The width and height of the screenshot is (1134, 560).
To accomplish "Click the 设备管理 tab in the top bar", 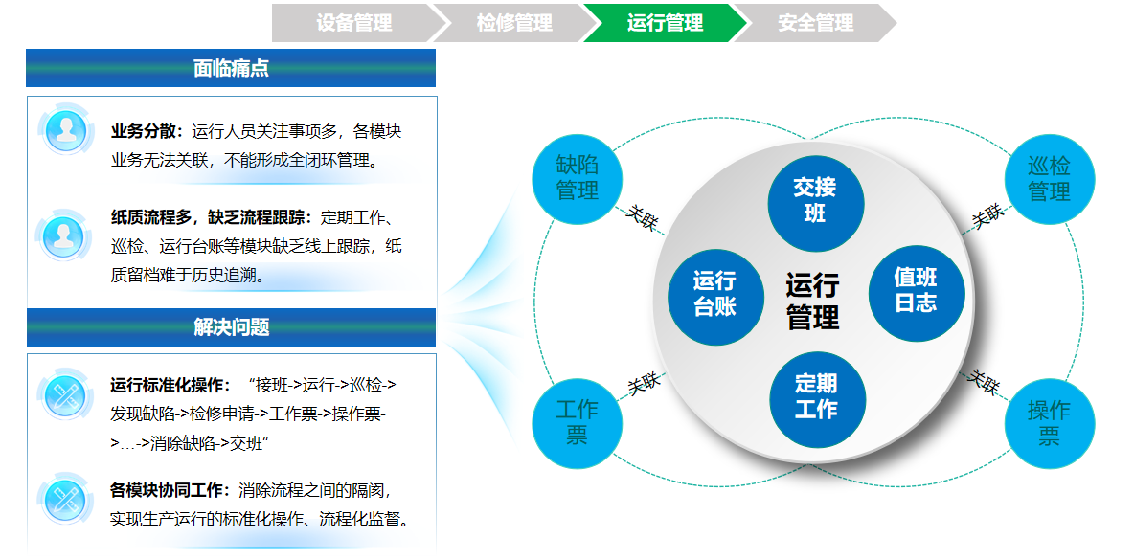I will click(353, 23).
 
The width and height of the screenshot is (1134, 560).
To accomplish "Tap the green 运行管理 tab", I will click(665, 23).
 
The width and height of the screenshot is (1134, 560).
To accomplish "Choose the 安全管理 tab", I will click(815, 23).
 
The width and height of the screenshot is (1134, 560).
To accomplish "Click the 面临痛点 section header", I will click(231, 68).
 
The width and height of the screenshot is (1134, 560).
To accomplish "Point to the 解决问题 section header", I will click(231, 327).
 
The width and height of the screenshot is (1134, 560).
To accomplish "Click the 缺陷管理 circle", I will click(578, 177).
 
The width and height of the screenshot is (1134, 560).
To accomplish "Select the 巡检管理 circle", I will click(1049, 178).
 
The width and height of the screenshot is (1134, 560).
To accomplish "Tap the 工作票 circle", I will click(577, 422).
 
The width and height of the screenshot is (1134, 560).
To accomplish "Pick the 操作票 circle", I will click(1049, 422).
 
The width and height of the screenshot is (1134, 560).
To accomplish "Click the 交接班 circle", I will click(815, 201).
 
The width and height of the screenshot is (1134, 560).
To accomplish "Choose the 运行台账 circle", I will click(714, 293).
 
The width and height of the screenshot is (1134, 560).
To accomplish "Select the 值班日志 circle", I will click(916, 290).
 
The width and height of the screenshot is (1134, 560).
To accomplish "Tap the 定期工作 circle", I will click(816, 396).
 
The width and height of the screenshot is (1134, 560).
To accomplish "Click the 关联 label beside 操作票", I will click(984, 383).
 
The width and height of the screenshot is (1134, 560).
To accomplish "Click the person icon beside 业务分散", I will click(65, 129).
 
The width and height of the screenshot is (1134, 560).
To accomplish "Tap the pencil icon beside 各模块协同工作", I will click(65, 499).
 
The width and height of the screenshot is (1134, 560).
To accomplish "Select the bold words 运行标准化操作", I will click(170, 385).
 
